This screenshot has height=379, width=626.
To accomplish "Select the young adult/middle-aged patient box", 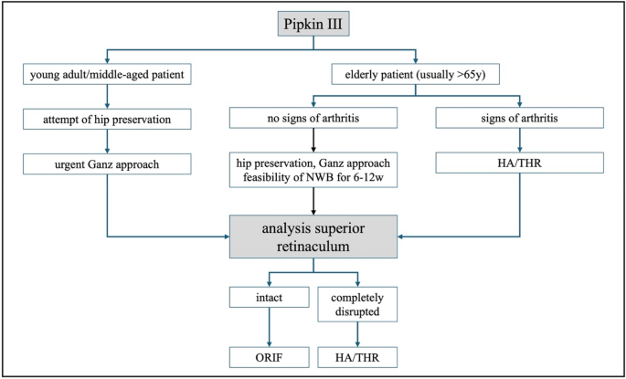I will coord(107,74).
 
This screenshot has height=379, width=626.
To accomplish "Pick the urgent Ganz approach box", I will coord(107,163).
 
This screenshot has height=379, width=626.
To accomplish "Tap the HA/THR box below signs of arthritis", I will coord(519,163).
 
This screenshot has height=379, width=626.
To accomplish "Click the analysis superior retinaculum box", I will coord(313,235).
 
